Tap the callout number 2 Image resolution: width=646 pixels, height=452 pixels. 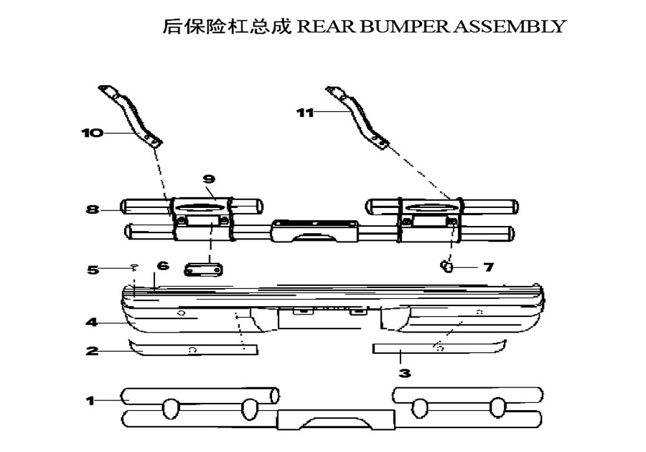92,351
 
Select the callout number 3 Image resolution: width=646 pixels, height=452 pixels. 404,373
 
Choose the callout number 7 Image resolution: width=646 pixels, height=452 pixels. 488,267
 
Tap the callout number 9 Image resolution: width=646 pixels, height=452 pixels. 208,180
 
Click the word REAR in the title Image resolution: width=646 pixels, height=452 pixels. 317,26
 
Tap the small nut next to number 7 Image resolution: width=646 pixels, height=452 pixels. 446,265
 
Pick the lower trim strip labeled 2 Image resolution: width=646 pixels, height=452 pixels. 194,349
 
